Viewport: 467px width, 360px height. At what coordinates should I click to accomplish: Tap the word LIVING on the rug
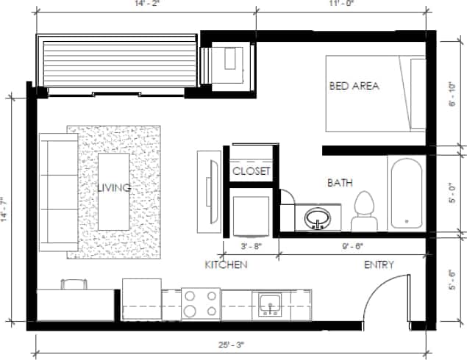115,188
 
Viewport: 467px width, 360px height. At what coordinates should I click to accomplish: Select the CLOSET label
252,171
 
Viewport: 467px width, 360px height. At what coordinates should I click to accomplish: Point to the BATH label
341,182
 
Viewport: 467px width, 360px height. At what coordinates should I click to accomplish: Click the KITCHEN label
225,264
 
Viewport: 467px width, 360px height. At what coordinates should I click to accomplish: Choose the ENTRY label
379,264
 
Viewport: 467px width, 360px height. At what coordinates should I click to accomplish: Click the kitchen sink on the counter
268,303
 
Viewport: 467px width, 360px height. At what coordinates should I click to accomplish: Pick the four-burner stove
201,304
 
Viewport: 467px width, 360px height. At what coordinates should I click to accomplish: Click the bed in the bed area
376,94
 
